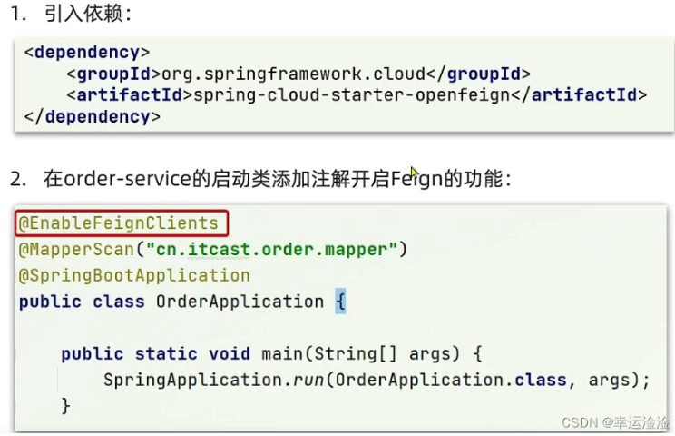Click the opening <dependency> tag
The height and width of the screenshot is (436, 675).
pyautogui.click(x=87, y=52)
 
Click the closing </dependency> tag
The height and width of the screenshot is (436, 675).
pyautogui.click(x=92, y=116)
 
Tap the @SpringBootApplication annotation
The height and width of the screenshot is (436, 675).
pyautogui.click(x=134, y=275)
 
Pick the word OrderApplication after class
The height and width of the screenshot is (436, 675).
pyautogui.click(x=240, y=302)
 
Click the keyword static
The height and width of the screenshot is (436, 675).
pyautogui.click(x=167, y=354)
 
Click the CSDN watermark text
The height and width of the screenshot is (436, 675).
pyautogui.click(x=613, y=422)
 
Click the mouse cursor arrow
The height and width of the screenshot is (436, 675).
pyautogui.click(x=414, y=173)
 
